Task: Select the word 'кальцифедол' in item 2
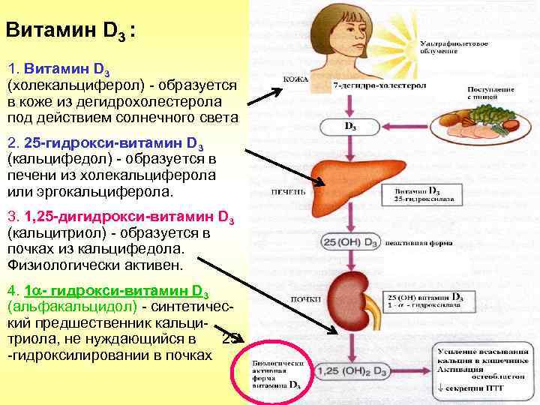[49, 160]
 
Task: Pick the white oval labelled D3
[349, 127]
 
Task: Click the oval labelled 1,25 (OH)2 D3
[349, 370]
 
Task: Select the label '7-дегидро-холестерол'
[379, 86]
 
